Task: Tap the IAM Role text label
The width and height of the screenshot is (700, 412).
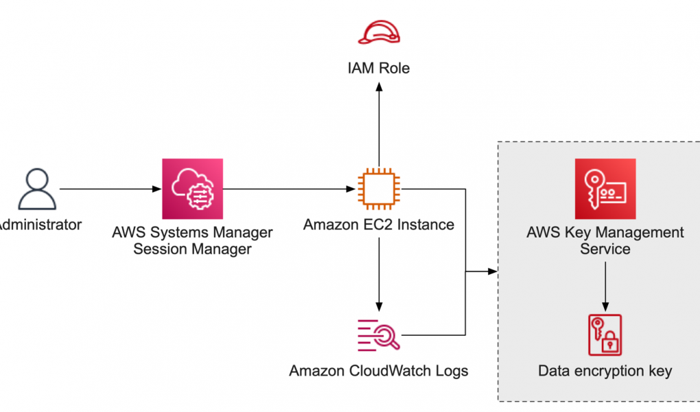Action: (378, 68)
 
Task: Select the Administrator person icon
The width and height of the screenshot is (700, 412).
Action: (37, 189)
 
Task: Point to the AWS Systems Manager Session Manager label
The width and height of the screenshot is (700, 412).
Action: (193, 240)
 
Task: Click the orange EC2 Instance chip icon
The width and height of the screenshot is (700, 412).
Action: (378, 189)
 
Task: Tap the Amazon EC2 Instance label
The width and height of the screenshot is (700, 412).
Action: (378, 225)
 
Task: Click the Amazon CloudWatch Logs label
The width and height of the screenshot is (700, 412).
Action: (378, 371)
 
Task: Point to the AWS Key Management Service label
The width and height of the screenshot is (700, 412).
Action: (605, 240)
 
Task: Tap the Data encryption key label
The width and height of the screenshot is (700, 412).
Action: (605, 371)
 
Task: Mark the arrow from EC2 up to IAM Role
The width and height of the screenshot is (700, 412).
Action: (378, 124)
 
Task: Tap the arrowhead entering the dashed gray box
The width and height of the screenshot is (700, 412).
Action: (491, 272)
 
